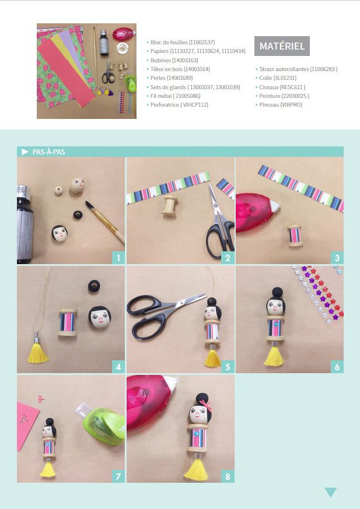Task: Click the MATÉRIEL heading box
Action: (x=282, y=46)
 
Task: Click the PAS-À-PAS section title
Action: (x=49, y=152)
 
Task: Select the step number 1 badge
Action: (x=118, y=258)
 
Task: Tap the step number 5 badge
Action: (x=228, y=367)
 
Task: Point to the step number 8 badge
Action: (x=228, y=476)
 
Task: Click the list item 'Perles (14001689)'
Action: (x=171, y=78)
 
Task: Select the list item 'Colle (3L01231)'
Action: (x=278, y=78)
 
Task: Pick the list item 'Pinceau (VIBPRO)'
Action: (x=281, y=105)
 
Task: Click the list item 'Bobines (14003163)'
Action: (x=174, y=61)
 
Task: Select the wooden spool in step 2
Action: (x=170, y=206)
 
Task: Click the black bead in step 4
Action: (x=94, y=286)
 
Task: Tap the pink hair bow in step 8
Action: (x=205, y=405)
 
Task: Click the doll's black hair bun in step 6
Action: (x=277, y=292)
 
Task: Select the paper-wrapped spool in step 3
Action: (x=295, y=236)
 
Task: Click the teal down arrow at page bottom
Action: (x=330, y=492)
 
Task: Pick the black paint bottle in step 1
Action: (x=25, y=224)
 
